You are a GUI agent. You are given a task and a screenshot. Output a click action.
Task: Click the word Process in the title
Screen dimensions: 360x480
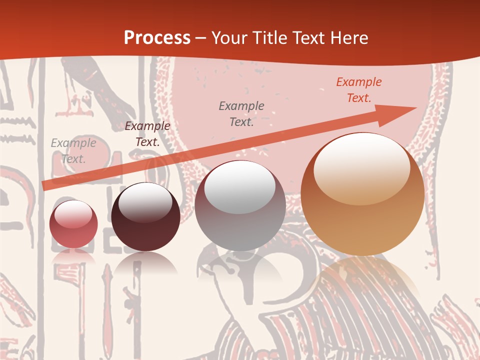tap(157, 38)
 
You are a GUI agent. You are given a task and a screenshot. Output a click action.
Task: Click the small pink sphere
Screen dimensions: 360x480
tap(73, 224)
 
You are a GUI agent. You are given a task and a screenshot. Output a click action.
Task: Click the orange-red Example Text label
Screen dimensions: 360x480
tap(359, 90)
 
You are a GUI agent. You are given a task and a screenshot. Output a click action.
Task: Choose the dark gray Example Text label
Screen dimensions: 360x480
tap(241, 113)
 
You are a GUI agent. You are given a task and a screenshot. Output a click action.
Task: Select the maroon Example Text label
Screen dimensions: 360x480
tap(147, 134)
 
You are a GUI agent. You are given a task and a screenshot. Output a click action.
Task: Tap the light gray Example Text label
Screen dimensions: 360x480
tap(73, 151)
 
